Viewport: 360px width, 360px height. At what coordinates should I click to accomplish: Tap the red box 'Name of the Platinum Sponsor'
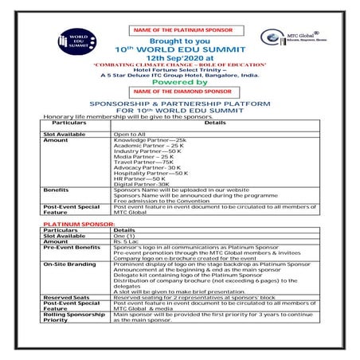(180, 30)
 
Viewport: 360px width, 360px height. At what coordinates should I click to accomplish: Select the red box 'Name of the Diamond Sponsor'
(180, 92)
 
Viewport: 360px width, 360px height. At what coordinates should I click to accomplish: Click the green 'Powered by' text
(179, 81)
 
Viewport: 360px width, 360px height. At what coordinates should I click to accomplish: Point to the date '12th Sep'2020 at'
(179, 58)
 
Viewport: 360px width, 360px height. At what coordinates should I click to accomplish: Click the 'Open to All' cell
(130, 133)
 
